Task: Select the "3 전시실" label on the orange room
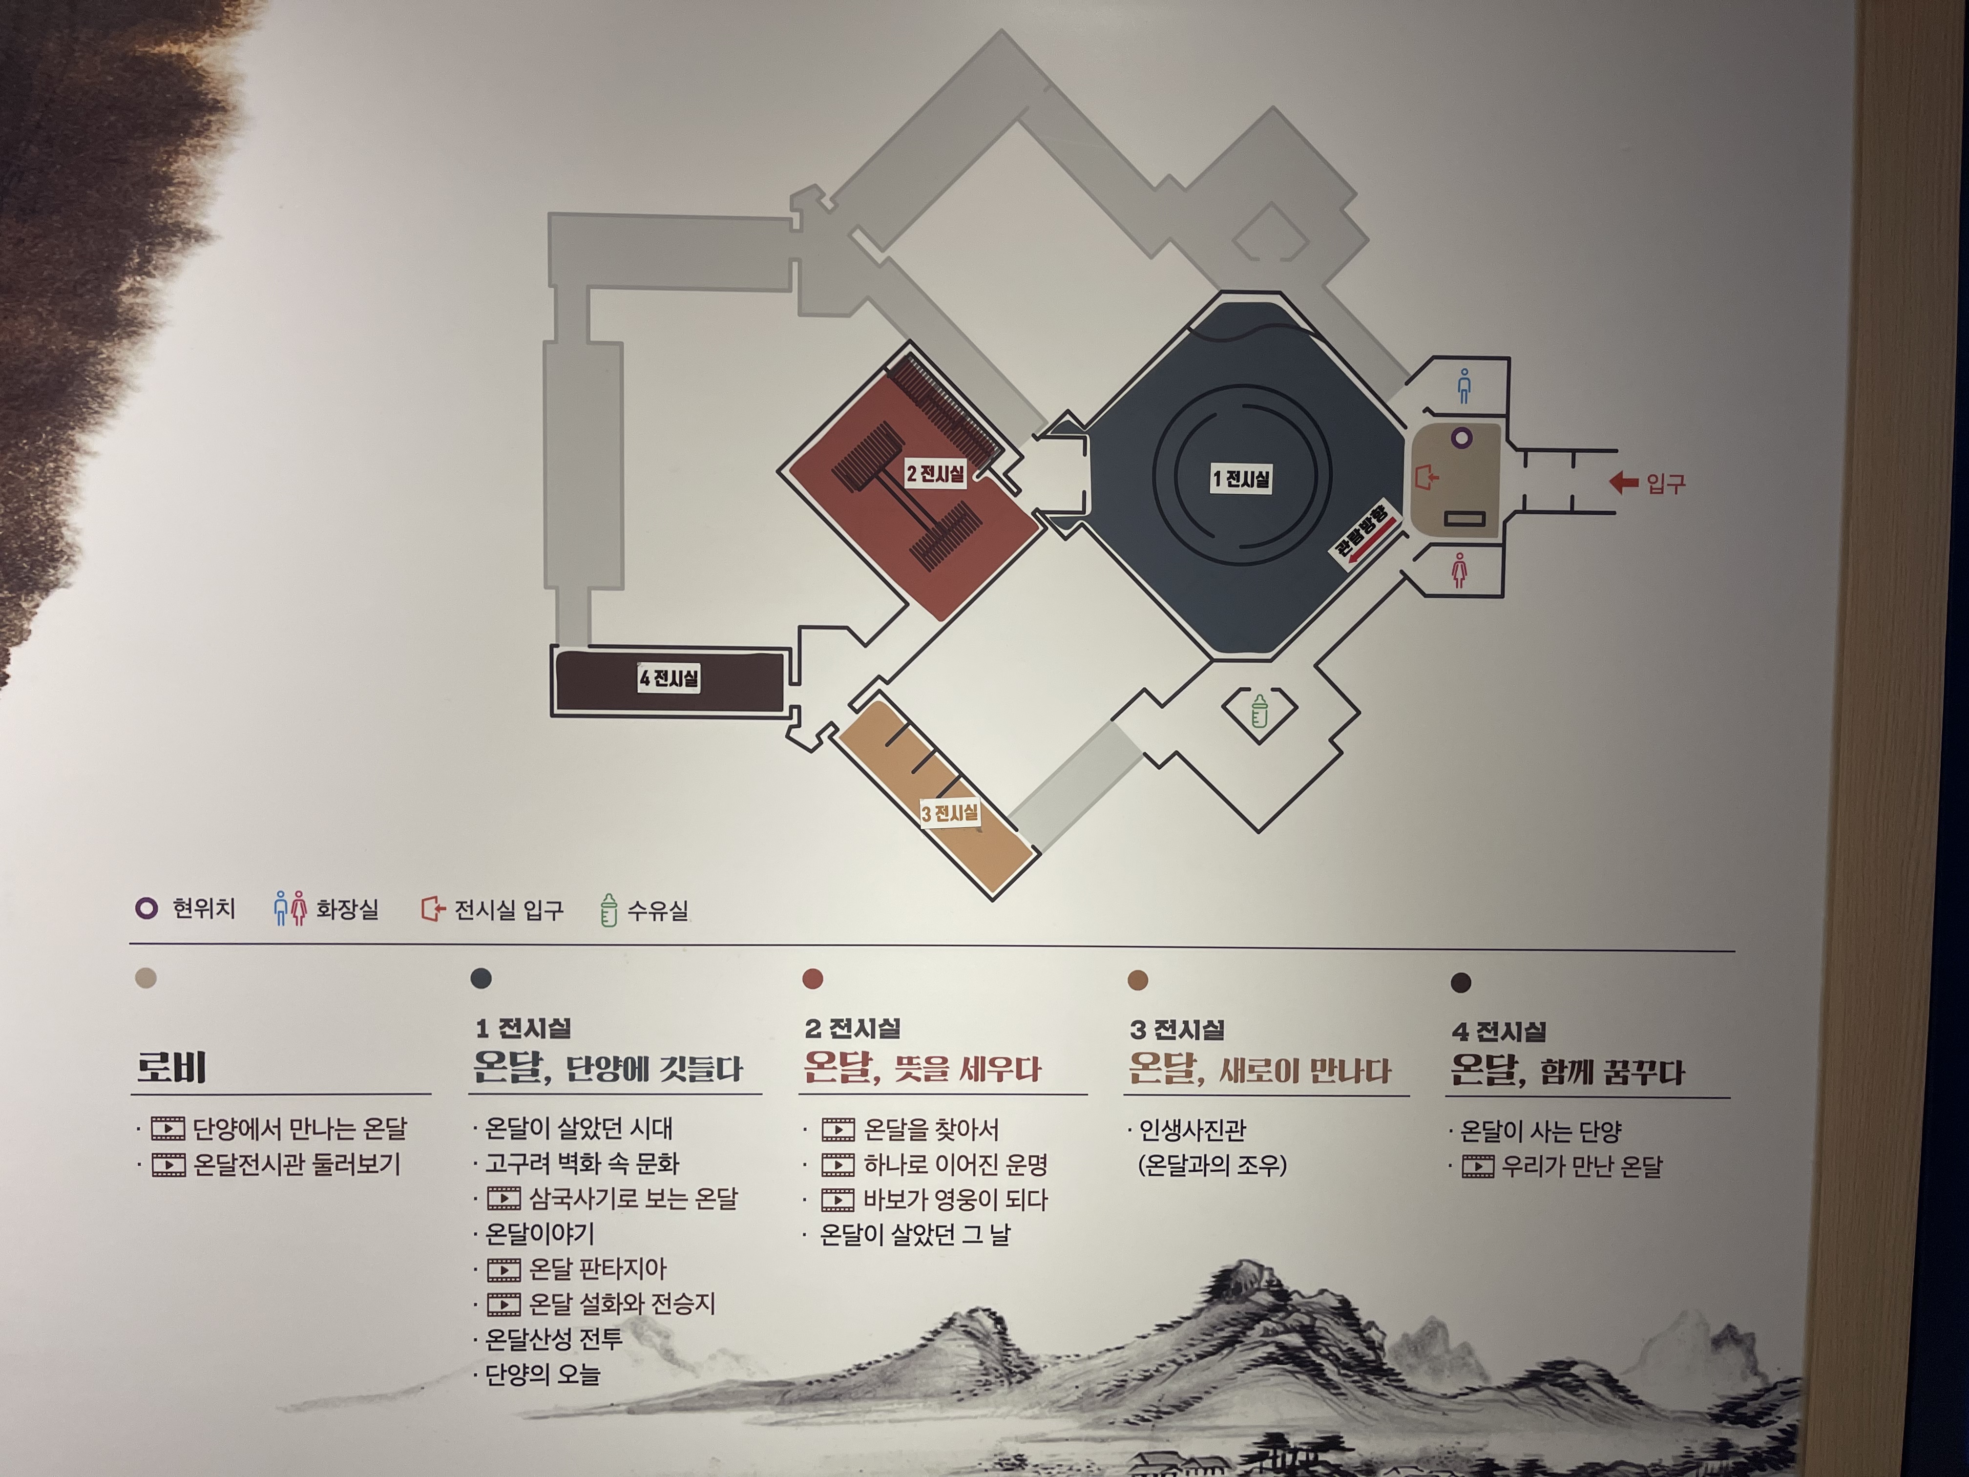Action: coord(950,813)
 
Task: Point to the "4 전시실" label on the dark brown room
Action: coord(669,678)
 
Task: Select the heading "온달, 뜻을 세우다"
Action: coord(922,1068)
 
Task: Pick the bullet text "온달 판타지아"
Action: coord(597,1268)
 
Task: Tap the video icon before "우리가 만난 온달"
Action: coord(1478,1166)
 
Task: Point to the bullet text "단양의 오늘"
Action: coord(542,1374)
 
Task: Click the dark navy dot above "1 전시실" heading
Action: coord(481,978)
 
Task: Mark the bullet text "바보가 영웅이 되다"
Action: coord(955,1200)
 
